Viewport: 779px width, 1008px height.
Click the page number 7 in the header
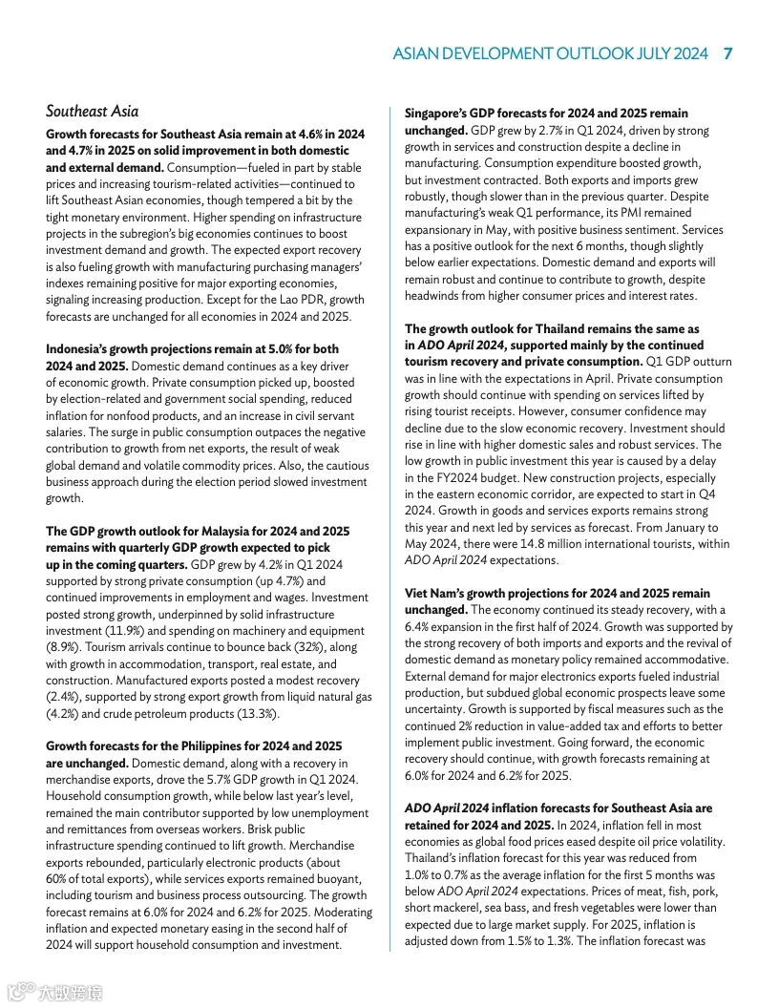pos(727,53)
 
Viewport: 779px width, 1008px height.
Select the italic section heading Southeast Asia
pos(92,111)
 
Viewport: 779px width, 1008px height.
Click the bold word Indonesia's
pos(80,349)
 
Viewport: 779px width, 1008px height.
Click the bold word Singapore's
pos(440,114)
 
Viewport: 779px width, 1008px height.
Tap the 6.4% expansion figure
pos(418,627)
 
